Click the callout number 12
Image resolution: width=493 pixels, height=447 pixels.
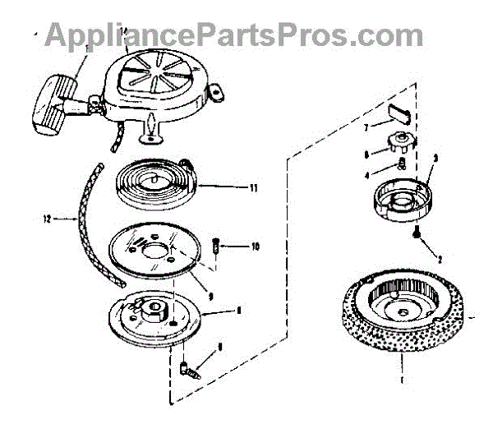(x=47, y=219)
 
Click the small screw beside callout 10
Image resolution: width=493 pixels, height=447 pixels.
(x=214, y=245)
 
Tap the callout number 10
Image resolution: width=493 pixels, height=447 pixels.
(x=255, y=246)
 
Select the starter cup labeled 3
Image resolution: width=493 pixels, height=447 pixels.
(x=403, y=198)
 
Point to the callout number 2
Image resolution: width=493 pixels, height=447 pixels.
(x=439, y=259)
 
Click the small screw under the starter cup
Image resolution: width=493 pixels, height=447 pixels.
(x=419, y=235)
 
